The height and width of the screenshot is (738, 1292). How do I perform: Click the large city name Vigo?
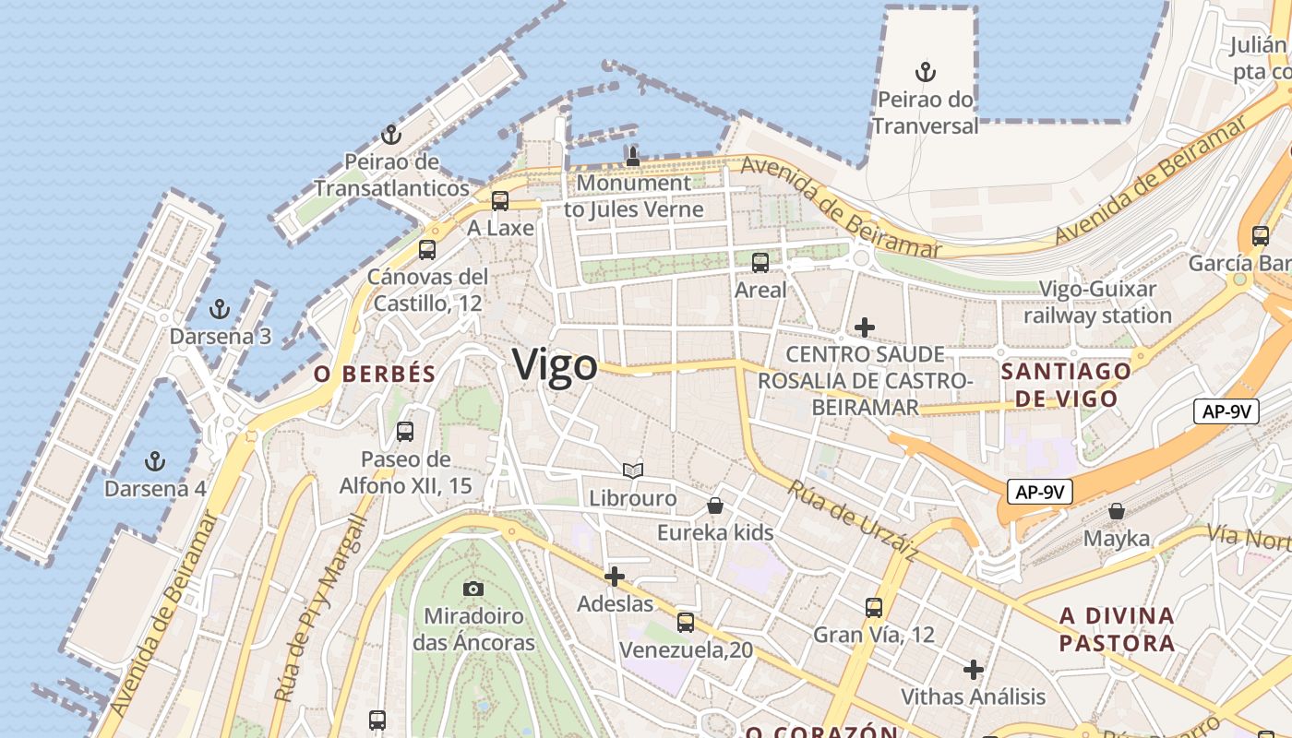[555, 365]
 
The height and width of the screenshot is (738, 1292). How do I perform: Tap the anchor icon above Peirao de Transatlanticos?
[391, 135]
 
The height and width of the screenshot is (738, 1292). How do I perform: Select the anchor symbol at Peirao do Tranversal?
[925, 72]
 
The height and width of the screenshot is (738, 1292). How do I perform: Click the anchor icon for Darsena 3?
[220, 309]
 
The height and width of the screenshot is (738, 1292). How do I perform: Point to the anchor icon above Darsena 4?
[155, 460]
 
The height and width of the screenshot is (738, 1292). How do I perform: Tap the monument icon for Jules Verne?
[633, 156]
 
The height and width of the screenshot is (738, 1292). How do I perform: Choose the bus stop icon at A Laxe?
[500, 200]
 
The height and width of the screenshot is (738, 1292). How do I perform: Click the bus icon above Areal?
[760, 263]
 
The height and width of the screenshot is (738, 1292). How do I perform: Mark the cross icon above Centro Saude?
[865, 327]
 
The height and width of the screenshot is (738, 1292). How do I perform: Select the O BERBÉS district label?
[375, 374]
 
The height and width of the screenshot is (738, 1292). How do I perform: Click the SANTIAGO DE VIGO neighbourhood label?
[1066, 385]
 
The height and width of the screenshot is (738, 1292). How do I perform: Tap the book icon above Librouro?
[633, 471]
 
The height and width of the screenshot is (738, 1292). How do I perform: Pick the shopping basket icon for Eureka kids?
[715, 506]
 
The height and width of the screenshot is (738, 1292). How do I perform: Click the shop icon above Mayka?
[1117, 511]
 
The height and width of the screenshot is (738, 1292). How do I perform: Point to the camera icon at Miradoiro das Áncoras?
[473, 589]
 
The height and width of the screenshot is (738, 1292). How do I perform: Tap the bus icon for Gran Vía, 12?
[874, 608]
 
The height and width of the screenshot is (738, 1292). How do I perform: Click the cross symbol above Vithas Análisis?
[974, 670]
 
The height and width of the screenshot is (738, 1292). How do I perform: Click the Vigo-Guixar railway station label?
[1097, 302]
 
